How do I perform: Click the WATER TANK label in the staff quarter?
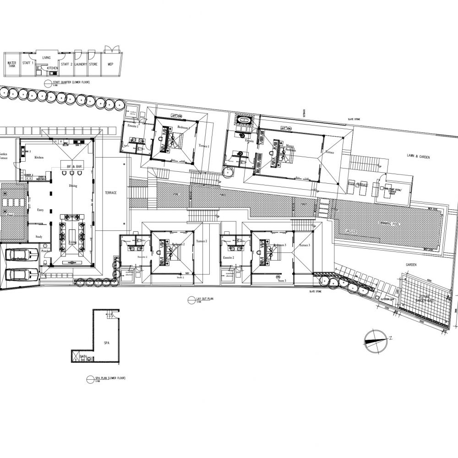pos(11,65)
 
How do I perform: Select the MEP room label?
pos(110,65)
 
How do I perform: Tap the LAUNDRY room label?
pos(81,65)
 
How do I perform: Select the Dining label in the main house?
pos(73,186)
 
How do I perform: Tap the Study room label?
pos(39,237)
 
